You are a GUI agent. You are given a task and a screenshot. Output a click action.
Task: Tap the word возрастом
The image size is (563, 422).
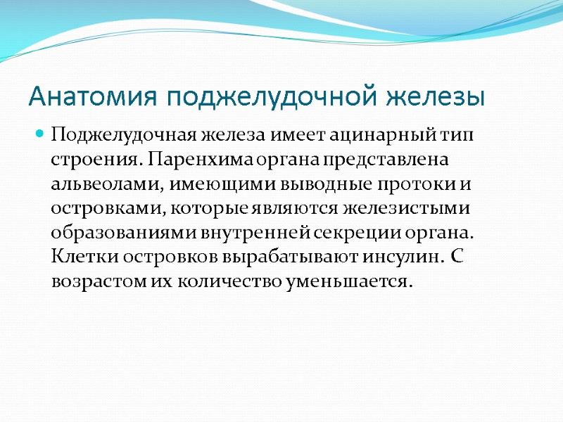(94, 282)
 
